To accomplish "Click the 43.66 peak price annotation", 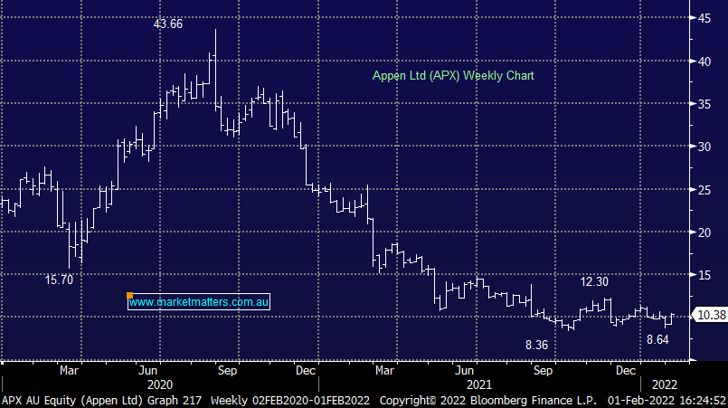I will pos(168,24).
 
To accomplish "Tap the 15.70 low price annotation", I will pos(60,280).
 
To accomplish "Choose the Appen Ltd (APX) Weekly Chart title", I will pos(453,76).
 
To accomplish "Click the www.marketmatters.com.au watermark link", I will pos(200,302).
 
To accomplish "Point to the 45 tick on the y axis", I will pos(703,18).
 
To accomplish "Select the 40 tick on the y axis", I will pos(703,61).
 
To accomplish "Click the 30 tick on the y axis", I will pos(703,147).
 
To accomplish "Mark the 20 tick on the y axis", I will pos(703,232).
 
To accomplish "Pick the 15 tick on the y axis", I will pos(703,274).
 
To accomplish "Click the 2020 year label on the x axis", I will pos(151,384).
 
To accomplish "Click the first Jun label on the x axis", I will pos(152,370).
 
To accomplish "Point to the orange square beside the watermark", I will pos(130,296).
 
